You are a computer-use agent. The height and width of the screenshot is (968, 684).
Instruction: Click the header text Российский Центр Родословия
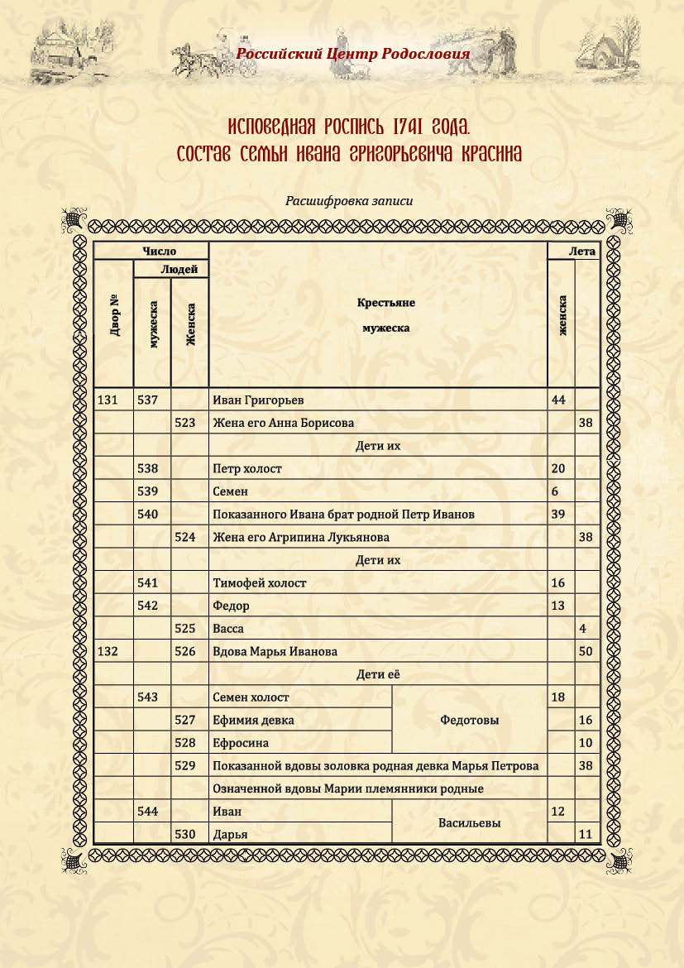(x=353, y=54)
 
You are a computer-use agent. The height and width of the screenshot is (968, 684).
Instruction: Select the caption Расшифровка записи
(x=348, y=200)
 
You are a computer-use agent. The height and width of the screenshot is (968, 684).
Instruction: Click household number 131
(x=108, y=400)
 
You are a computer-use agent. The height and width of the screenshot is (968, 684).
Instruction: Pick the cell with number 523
(x=185, y=423)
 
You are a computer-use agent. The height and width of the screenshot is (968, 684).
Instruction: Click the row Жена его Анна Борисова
(x=283, y=423)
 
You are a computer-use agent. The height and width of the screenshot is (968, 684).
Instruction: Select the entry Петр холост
(x=247, y=468)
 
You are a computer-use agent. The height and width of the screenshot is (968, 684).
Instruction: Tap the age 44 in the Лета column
(x=558, y=400)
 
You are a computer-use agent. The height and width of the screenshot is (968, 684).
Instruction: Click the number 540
(x=148, y=515)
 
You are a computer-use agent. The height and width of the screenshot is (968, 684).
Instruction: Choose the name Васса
(x=228, y=629)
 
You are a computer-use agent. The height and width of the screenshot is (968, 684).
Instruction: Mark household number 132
(x=108, y=652)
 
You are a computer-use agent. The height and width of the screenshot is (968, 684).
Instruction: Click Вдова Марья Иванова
(x=275, y=652)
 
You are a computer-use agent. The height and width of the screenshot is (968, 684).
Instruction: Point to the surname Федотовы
(x=471, y=720)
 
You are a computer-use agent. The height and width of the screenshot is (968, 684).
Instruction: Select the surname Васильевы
(x=471, y=823)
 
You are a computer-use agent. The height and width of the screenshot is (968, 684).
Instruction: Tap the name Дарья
(x=231, y=834)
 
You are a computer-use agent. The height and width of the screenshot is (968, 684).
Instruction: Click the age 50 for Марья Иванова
(x=586, y=652)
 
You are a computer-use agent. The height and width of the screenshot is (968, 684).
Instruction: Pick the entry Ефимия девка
(x=253, y=720)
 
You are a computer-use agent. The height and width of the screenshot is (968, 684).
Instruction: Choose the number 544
(x=148, y=812)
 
